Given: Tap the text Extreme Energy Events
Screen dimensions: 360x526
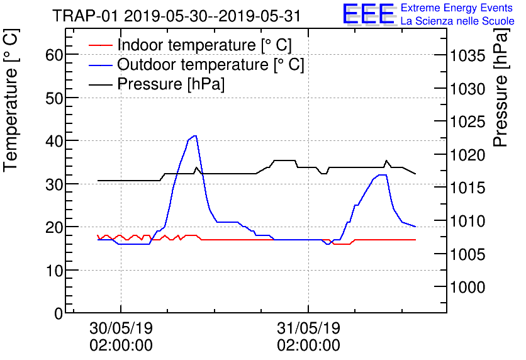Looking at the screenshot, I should [x=457, y=8].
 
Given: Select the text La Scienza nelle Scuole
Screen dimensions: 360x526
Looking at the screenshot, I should [x=457, y=21].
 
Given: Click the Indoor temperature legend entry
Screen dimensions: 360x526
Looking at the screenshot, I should [x=204, y=45].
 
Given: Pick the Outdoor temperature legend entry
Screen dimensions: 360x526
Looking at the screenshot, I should [x=210, y=65].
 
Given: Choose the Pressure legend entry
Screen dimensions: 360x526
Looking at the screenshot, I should [x=171, y=84].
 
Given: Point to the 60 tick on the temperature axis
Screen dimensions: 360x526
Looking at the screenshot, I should [x=55, y=55].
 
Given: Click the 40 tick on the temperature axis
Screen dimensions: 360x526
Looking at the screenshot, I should [x=55, y=141].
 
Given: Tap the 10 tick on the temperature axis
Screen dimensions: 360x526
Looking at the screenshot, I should [x=55, y=270].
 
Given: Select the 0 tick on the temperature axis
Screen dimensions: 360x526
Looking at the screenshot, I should [x=59, y=313].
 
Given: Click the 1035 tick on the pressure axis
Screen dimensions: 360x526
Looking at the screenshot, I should [x=468, y=56].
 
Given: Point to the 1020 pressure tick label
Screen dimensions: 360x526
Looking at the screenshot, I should [x=468, y=155].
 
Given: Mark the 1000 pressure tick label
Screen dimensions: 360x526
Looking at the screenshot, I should [x=468, y=287].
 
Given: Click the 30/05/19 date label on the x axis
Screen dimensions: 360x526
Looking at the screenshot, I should [x=121, y=329].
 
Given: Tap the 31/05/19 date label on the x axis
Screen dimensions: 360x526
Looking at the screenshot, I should [x=308, y=329].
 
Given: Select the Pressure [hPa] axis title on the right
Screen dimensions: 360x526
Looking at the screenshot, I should [x=501, y=96].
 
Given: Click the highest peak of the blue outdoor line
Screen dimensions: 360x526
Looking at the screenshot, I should [x=196, y=136].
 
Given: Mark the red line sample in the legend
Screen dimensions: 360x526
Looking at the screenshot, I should [x=100, y=45].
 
